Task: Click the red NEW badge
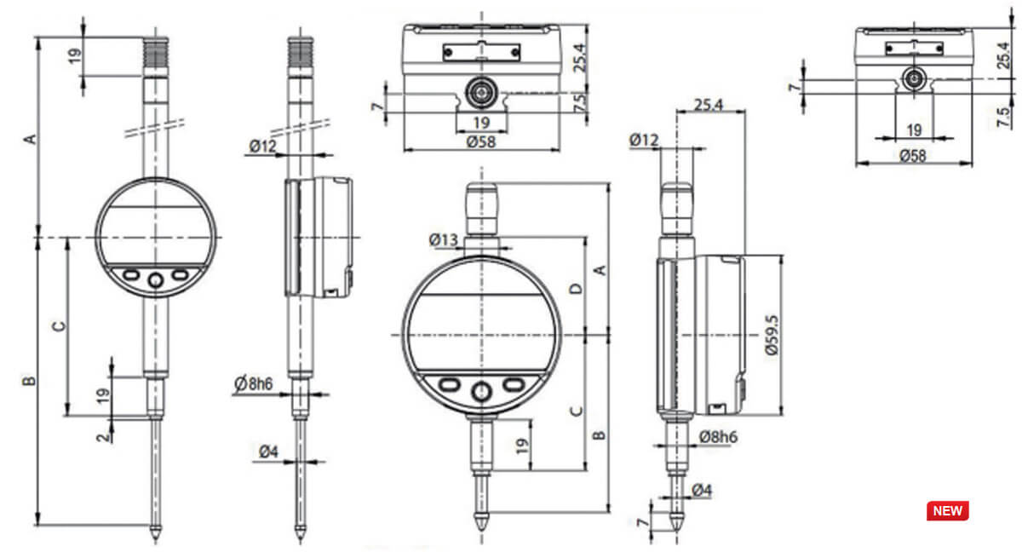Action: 947,511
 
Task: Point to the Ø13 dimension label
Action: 445,240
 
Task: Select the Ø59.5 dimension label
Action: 772,336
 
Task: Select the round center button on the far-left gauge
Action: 155,281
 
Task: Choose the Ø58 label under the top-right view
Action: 912,155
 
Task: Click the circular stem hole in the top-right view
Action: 914,78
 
